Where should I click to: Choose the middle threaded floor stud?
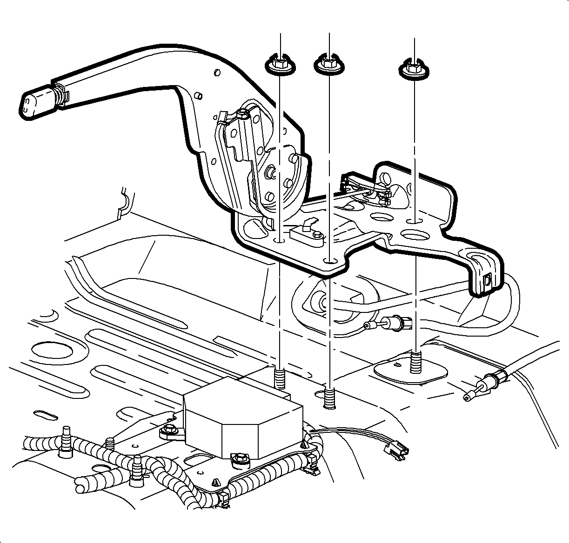329,398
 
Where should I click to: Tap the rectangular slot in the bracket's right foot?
489,280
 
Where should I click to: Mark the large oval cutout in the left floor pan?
51,350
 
